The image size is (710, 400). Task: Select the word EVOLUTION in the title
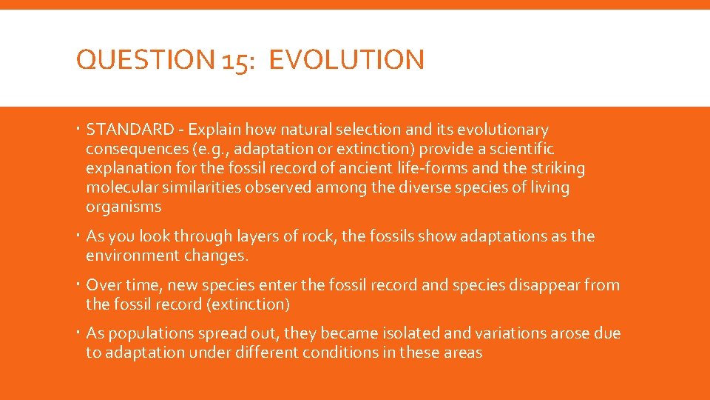(x=347, y=60)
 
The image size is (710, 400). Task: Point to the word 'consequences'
(x=135, y=150)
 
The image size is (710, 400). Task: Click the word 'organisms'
(x=124, y=207)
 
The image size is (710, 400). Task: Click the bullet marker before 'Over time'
(x=78, y=285)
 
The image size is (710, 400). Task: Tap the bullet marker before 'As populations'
(x=78, y=334)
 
